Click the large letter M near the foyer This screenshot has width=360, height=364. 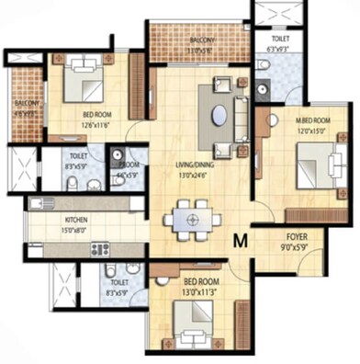point(241,241)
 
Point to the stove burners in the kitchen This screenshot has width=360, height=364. point(98,248)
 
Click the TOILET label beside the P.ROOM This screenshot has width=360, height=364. point(76,157)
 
